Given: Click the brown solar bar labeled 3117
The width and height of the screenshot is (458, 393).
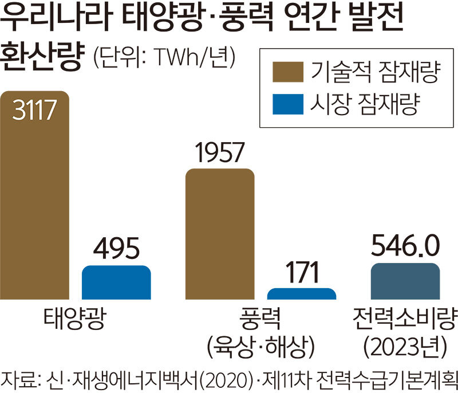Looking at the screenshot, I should coord(35,201).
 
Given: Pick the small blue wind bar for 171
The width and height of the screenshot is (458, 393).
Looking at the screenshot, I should coord(301,293).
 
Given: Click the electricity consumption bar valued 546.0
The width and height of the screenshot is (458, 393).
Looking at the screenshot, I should coord(405,281).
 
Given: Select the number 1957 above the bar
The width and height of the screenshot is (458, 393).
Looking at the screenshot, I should coord(220,153).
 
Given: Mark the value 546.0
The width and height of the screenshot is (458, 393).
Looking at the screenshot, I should coord(405,247).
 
